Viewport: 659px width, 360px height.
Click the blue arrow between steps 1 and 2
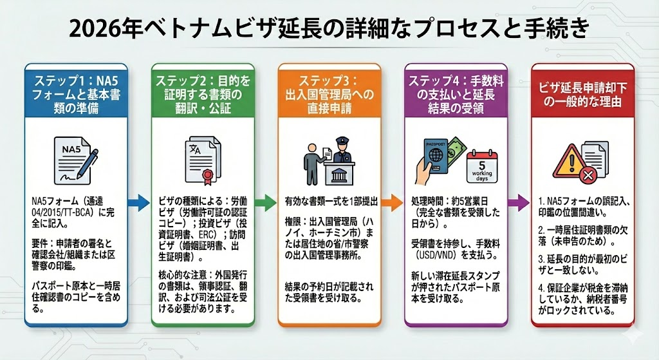[138, 202]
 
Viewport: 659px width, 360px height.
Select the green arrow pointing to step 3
[266, 202]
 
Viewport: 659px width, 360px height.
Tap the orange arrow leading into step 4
[392, 202]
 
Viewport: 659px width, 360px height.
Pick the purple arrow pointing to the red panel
[519, 202]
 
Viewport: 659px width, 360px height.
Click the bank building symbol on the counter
[339, 174]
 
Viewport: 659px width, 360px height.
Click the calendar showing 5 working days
[481, 167]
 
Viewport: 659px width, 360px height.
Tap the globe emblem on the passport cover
[435, 155]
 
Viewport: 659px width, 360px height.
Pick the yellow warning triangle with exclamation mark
[570, 162]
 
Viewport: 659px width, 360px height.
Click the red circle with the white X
[588, 175]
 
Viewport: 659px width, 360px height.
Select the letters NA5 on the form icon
[71, 149]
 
